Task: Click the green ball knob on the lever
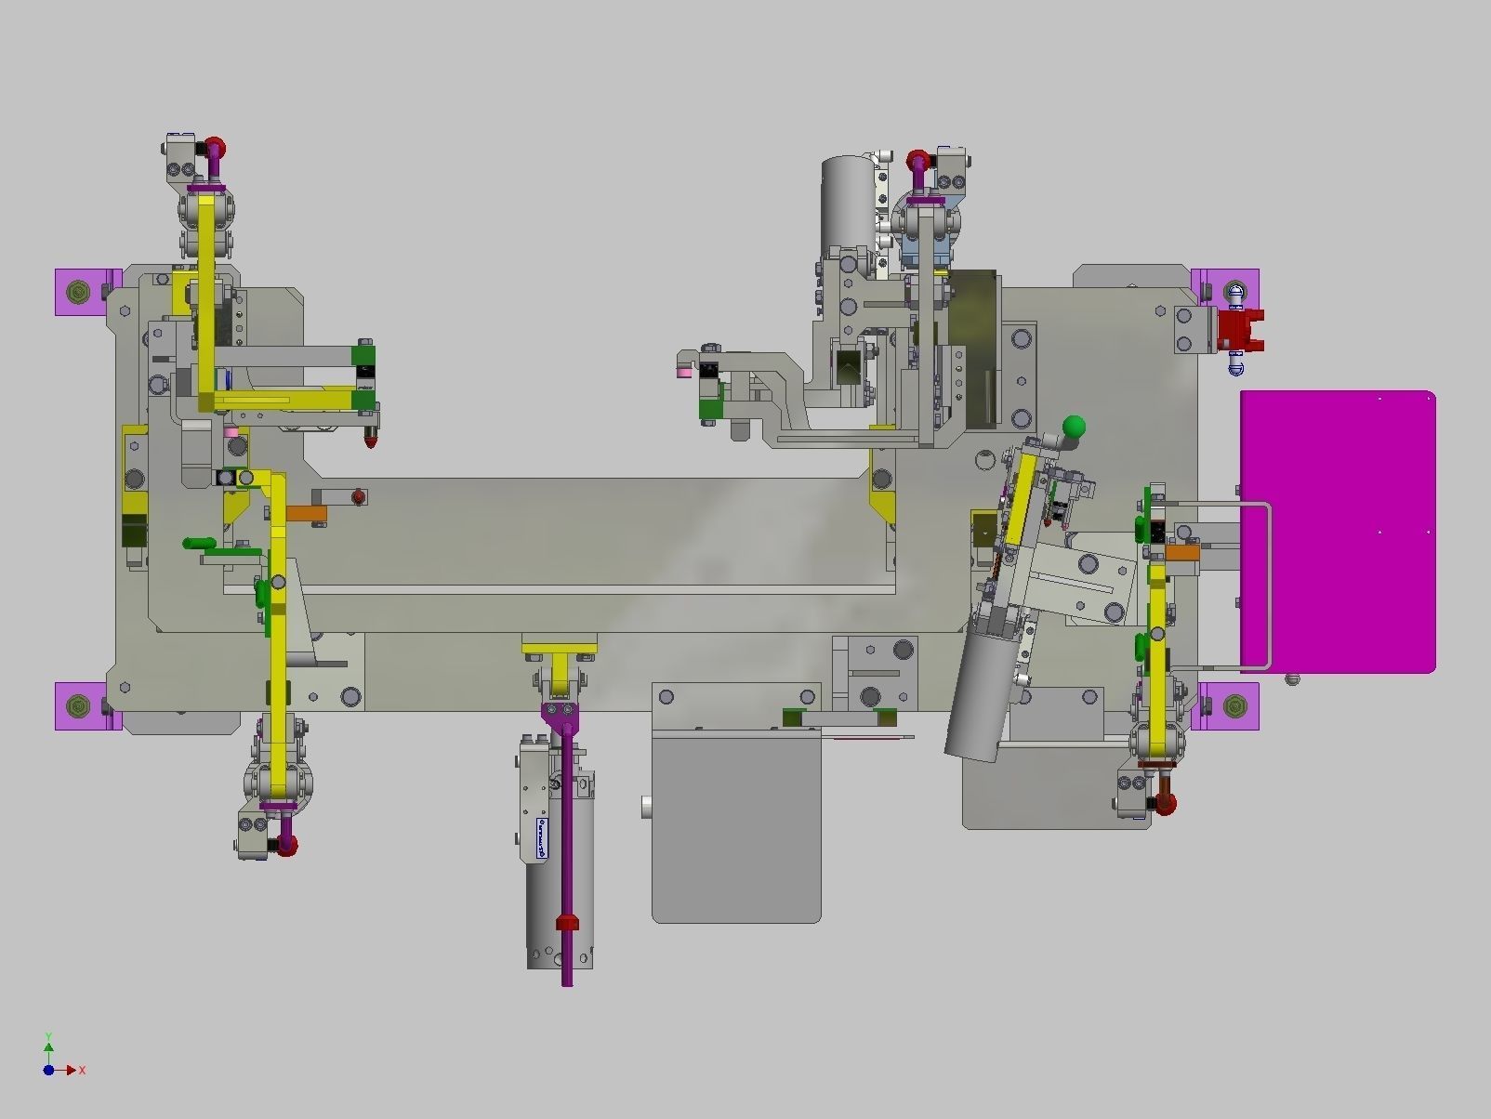click(x=1074, y=428)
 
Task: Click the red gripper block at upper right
click(x=1238, y=330)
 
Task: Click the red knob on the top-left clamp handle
click(x=215, y=148)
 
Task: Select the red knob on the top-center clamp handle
click(x=918, y=160)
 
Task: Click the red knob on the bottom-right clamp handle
click(x=1165, y=803)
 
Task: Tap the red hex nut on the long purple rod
click(x=567, y=922)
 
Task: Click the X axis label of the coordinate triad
click(x=83, y=1071)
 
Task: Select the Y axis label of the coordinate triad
click(x=48, y=1036)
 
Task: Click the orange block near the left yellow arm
click(x=306, y=513)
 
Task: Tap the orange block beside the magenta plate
click(x=1182, y=553)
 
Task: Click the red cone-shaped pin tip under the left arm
click(x=370, y=439)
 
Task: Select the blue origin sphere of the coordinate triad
click(x=48, y=1070)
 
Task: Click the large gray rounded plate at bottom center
click(x=736, y=827)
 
